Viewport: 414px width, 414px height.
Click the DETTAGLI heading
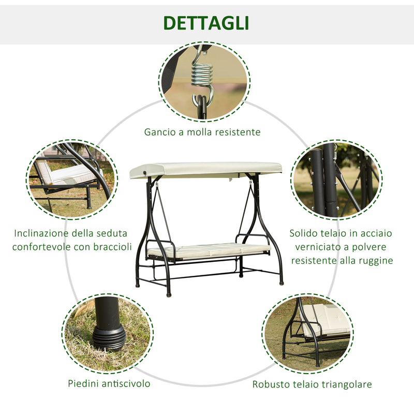click(206, 23)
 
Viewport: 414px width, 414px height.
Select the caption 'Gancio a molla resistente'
click(202, 132)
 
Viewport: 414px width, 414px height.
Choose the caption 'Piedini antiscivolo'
click(109, 383)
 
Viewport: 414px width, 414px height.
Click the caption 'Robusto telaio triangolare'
click(312, 384)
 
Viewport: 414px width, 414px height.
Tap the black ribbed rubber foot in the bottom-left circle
click(109, 337)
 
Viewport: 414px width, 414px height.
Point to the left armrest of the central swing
click(159, 242)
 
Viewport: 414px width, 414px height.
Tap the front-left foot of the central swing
click(169, 293)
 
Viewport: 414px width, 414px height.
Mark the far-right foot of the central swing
click(282, 283)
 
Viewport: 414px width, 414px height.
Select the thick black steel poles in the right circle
click(323, 181)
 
